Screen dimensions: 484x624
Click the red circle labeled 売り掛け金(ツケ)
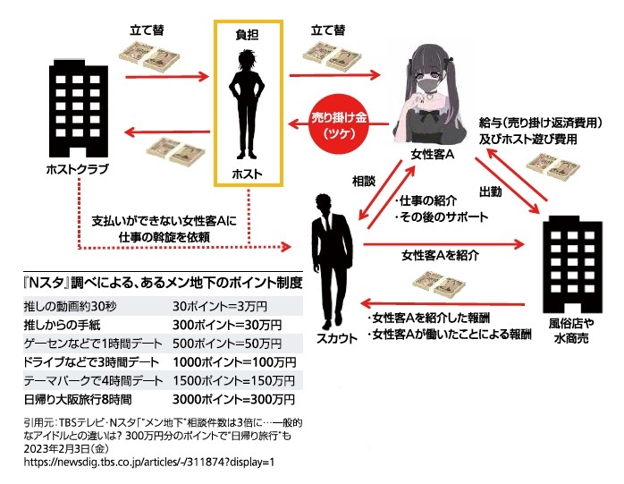point(339,125)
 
